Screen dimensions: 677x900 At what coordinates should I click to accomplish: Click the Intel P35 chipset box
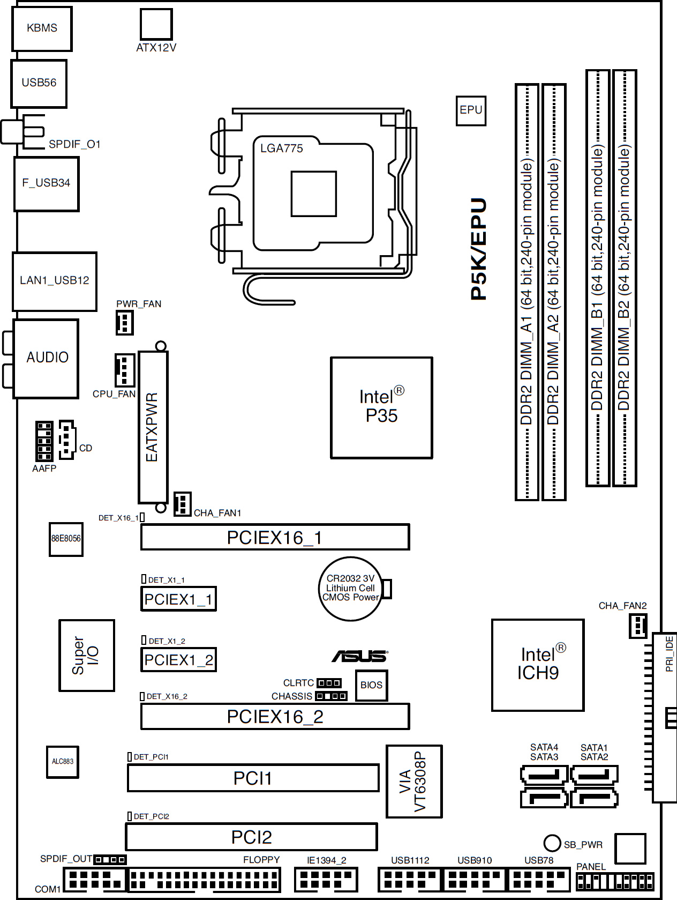pyautogui.click(x=381, y=407)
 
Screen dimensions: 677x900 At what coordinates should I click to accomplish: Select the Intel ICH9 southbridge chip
pyautogui.click(x=537, y=665)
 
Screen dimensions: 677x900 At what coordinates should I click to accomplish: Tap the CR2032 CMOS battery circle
pyautogui.click(x=351, y=589)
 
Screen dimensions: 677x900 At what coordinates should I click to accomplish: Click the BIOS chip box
pyautogui.click(x=371, y=685)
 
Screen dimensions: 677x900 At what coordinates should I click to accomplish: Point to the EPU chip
pyautogui.click(x=471, y=110)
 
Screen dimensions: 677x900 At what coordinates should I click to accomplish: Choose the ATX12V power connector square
pyautogui.click(x=156, y=24)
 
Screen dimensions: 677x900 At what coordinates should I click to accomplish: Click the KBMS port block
pyautogui.click(x=42, y=28)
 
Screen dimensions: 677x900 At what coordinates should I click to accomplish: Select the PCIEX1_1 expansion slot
pyautogui.click(x=178, y=599)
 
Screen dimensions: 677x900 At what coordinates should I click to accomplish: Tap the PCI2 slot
pyautogui.click(x=251, y=836)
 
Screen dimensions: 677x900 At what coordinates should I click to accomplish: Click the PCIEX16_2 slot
pyautogui.click(x=275, y=716)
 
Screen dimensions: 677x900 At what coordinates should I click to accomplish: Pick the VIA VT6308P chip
pyautogui.click(x=414, y=781)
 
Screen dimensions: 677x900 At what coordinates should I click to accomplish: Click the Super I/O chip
pyautogui.click(x=86, y=655)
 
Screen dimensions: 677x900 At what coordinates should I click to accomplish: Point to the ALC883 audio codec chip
pyautogui.click(x=62, y=762)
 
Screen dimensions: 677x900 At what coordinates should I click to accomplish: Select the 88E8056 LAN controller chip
pyautogui.click(x=66, y=539)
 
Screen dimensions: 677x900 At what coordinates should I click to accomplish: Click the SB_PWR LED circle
pyautogui.click(x=552, y=843)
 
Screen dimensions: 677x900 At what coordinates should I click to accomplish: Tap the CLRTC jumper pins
pyautogui.click(x=329, y=683)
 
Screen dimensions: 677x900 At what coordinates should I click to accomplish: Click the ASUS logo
pyautogui.click(x=360, y=656)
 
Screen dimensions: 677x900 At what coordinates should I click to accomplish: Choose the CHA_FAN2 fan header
pyautogui.click(x=638, y=626)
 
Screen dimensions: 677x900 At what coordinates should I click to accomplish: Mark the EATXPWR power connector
pyautogui.click(x=153, y=427)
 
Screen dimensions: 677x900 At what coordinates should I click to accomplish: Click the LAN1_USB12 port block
pyautogui.click(x=55, y=281)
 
